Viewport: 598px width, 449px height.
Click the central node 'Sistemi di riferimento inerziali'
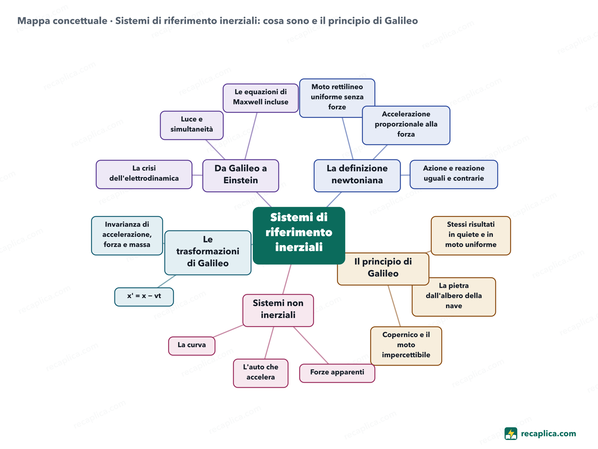pos(299,235)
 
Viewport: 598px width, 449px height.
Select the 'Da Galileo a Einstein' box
pos(241,176)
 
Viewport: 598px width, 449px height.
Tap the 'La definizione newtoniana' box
pos(357,176)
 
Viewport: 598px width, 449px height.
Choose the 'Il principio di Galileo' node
pos(383,269)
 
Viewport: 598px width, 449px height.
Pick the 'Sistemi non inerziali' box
pos(278,310)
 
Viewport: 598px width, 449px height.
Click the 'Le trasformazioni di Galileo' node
pos(208,253)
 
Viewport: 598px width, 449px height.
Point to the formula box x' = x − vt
pos(144,297)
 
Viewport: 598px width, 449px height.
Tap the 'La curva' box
pos(192,346)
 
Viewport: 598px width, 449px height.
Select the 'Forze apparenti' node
pos(337,373)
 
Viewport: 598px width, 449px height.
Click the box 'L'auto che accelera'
pos(261,373)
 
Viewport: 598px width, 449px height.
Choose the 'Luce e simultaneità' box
pos(192,125)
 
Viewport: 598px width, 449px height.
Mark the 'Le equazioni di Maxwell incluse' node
pos(261,98)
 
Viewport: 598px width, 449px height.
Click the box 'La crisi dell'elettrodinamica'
pos(144,174)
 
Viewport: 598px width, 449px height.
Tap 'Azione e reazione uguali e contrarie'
pos(454,174)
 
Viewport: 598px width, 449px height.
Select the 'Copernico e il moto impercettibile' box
pos(406,346)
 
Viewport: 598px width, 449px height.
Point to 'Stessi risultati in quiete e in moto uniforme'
pos(471,235)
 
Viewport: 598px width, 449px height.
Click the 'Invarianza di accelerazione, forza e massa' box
pos(127,235)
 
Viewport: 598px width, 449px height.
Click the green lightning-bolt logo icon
pos(511,434)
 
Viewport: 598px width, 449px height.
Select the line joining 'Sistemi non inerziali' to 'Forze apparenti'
pos(311,345)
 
